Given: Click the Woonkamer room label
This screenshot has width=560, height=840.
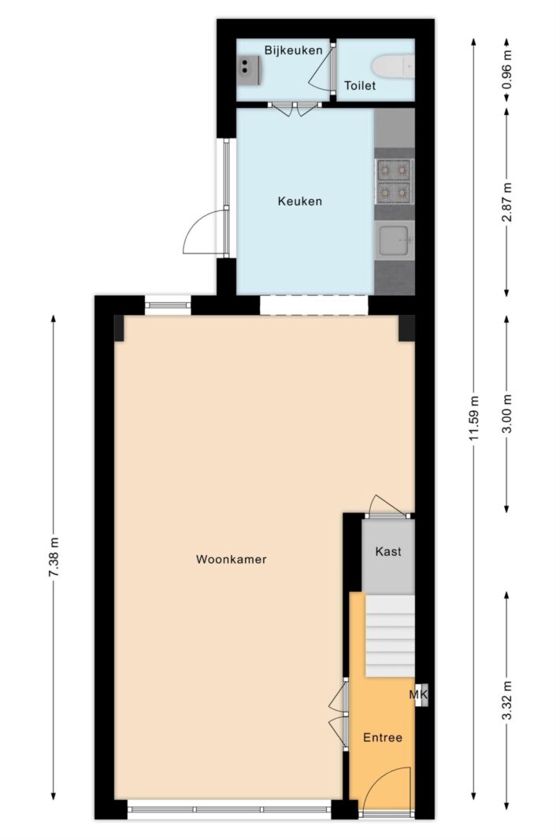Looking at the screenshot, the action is pyautogui.click(x=231, y=559).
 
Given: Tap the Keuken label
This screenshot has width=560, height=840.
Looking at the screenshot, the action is pyautogui.click(x=299, y=202).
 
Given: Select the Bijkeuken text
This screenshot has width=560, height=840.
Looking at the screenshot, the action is pyautogui.click(x=293, y=50).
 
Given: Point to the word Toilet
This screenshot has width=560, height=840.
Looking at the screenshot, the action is pyautogui.click(x=360, y=85).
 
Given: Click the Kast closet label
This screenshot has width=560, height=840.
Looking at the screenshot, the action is pyautogui.click(x=388, y=551).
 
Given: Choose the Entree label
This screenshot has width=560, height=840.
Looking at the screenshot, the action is pyautogui.click(x=383, y=738).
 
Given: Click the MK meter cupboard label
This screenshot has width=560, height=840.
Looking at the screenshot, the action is pyautogui.click(x=418, y=695).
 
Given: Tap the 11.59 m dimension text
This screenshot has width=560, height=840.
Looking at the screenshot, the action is pyautogui.click(x=473, y=418).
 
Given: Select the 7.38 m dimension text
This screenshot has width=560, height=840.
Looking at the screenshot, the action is pyautogui.click(x=54, y=557).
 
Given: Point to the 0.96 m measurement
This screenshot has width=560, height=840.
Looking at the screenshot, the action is pyautogui.click(x=507, y=69).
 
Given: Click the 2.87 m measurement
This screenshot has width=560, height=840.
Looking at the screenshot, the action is pyautogui.click(x=507, y=202).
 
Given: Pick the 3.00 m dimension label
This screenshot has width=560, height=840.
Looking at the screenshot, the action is pyautogui.click(x=507, y=413).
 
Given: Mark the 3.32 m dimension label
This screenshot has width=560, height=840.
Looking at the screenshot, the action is pyautogui.click(x=507, y=701).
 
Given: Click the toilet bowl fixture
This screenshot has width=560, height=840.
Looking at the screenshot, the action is pyautogui.click(x=394, y=67).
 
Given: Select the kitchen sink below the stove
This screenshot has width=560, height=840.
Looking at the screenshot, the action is pyautogui.click(x=395, y=241).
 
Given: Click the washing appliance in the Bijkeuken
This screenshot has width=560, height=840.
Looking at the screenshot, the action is pyautogui.click(x=249, y=70).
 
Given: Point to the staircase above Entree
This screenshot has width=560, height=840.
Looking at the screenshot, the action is pyautogui.click(x=390, y=635).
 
